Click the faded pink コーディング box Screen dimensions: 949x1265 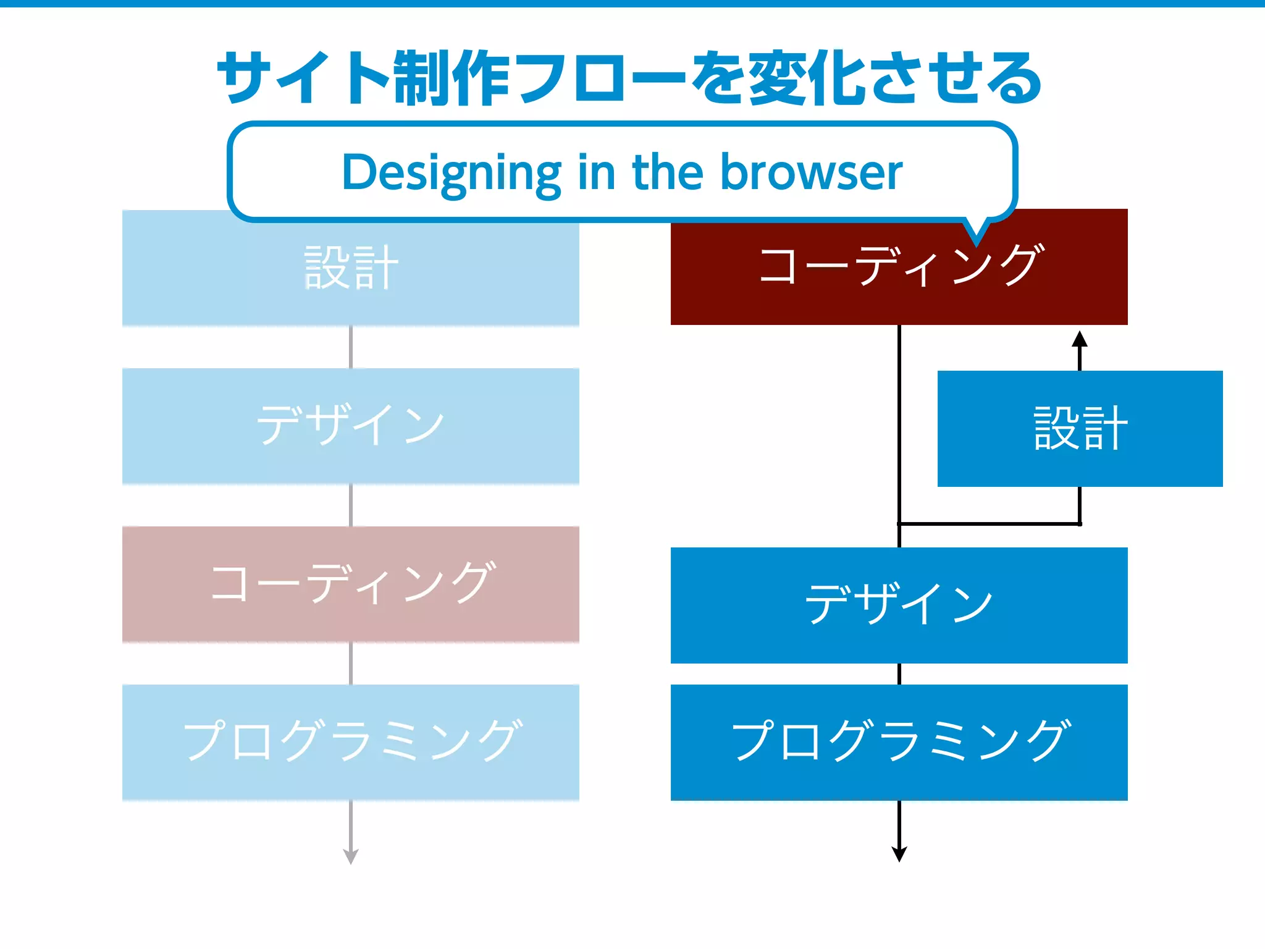[350, 584]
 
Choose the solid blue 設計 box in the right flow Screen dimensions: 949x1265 [1080, 428]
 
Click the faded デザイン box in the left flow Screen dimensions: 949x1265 [350, 426]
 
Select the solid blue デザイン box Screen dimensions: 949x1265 [899, 605]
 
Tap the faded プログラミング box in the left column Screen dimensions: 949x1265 [350, 741]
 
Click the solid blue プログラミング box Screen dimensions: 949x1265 [899, 741]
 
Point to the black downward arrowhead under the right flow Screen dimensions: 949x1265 [899, 854]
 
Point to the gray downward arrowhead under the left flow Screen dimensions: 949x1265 [351, 856]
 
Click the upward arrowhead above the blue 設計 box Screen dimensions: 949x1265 [1080, 339]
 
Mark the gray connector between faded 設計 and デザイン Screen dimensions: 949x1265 [351, 347]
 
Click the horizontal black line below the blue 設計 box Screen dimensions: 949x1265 [988, 524]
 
